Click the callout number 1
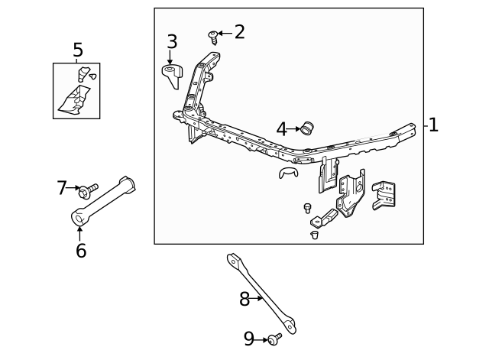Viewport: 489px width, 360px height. pyautogui.click(x=433, y=125)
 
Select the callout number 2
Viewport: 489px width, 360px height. pyautogui.click(x=239, y=32)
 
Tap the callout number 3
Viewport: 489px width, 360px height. pyautogui.click(x=172, y=42)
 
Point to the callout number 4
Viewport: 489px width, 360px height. pyautogui.click(x=281, y=129)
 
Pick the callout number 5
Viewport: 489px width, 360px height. pyautogui.click(x=77, y=50)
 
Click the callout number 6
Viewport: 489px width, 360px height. pyautogui.click(x=80, y=250)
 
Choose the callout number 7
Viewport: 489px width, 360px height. pyautogui.click(x=63, y=187)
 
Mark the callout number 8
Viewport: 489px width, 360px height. pyautogui.click(x=244, y=300)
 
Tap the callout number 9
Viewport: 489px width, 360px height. pyautogui.click(x=249, y=338)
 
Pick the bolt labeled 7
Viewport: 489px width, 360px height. pyautogui.click(x=90, y=188)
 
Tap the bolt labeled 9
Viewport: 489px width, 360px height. pyautogui.click(x=274, y=337)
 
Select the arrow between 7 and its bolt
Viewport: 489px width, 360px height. pyautogui.click(x=75, y=187)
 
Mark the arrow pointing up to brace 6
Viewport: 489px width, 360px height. pyautogui.click(x=80, y=233)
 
